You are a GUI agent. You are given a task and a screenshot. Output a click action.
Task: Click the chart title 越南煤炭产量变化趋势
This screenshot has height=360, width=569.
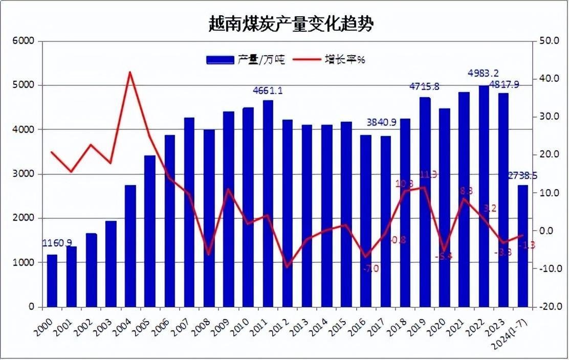(x=291, y=24)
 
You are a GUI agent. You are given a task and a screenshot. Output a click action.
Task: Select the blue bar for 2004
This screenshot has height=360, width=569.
(x=130, y=245)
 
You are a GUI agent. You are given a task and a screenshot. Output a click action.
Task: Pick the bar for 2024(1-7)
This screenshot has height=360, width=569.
(x=522, y=245)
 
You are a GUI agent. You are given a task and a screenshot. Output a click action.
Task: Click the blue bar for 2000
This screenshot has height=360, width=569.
(x=52, y=281)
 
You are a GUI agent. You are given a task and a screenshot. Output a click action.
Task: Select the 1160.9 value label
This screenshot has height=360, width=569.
(x=57, y=242)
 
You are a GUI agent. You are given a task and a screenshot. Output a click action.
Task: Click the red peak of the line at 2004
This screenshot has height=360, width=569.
(x=130, y=72)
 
